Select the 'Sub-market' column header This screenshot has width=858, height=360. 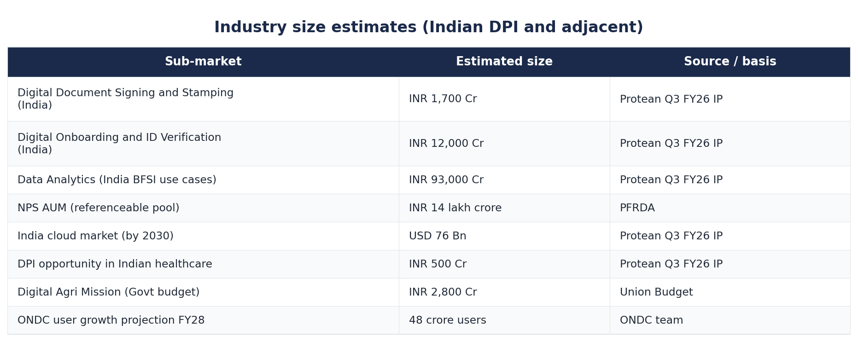coord(203,62)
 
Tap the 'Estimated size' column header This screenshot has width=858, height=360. coord(504,62)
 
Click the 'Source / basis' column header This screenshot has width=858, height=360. coord(730,62)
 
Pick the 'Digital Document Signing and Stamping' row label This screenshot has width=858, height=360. coord(126,99)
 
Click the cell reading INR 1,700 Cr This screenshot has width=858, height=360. coord(443,99)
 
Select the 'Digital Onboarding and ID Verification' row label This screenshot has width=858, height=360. coord(119,144)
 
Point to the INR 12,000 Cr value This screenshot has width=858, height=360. coord(446,144)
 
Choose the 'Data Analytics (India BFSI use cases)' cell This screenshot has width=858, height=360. coord(117,180)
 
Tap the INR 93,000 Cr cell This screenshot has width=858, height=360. coord(446,180)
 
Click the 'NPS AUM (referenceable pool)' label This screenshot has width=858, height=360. coord(99,208)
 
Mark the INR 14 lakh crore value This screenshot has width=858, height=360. coord(455,208)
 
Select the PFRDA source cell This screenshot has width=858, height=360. coord(637,208)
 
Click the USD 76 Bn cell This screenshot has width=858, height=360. coord(438,236)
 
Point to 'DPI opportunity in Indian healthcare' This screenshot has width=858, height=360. coord(115,264)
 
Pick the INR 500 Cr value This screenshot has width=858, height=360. coord(438,264)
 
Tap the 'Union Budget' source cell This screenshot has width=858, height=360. coord(656,292)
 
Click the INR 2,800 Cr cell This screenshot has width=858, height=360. coord(443,292)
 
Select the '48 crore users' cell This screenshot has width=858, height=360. coord(448,320)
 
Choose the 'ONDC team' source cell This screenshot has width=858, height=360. coord(652,320)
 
